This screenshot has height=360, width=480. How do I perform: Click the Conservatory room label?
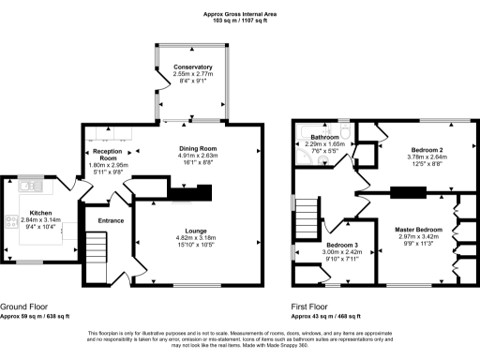[x=191, y=67]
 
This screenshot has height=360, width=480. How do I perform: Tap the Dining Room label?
[x=198, y=148]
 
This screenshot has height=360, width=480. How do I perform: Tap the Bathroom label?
[x=325, y=138]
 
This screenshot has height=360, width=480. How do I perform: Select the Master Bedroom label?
[x=416, y=230]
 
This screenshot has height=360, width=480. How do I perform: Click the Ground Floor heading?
[x=26, y=307]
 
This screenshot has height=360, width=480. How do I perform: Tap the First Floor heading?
[x=313, y=307]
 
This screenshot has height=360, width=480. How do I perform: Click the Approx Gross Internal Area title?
[x=239, y=13]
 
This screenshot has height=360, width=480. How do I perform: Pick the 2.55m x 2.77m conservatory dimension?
[x=191, y=75]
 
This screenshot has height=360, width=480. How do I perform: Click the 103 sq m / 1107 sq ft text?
[x=239, y=21]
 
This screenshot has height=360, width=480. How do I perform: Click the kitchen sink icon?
[x=25, y=187]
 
